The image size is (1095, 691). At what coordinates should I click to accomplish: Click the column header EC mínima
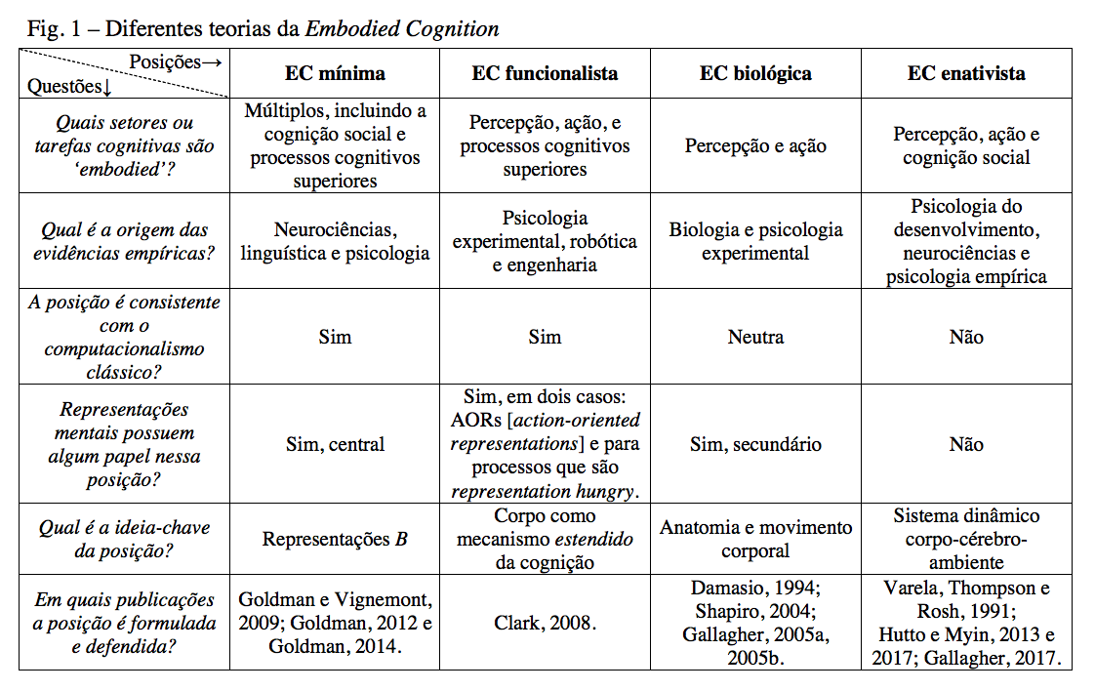(335, 74)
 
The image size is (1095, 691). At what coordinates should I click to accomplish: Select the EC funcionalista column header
(545, 74)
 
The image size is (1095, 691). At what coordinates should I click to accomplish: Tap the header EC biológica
(755, 74)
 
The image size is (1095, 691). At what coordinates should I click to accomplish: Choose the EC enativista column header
(966, 74)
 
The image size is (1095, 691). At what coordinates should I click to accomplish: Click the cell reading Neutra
(755, 338)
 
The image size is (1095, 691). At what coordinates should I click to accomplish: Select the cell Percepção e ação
(755, 146)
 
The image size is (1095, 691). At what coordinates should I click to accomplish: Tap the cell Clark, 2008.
(545, 623)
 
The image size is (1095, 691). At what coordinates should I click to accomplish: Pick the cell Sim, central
(335, 445)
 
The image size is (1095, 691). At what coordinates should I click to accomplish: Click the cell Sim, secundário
(755, 445)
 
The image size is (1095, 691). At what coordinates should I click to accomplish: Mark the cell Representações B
(335, 539)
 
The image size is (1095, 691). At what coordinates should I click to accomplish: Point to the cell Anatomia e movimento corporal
(755, 539)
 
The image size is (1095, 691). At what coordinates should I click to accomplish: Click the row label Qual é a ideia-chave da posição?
(124, 539)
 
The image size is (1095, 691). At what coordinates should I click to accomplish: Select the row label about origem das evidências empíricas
(124, 241)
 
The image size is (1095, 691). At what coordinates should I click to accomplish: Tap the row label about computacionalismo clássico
(124, 337)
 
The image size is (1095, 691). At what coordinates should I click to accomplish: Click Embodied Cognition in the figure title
(402, 28)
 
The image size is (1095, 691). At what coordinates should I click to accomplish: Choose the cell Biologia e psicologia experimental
(755, 241)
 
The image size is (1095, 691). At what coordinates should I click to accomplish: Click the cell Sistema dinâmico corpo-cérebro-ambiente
(966, 539)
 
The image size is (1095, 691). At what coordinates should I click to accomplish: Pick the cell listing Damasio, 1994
(755, 623)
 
